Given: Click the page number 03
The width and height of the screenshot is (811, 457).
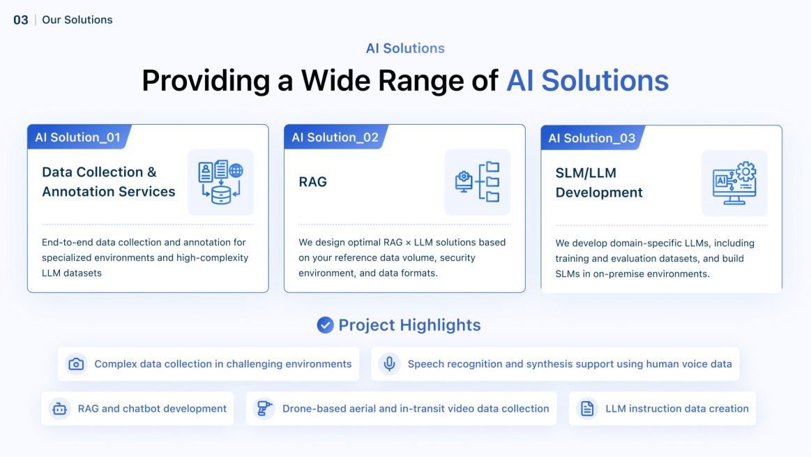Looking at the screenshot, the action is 21,20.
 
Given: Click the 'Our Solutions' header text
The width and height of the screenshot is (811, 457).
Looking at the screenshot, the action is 77,20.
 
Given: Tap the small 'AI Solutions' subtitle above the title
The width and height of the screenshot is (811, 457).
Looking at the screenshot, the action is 405,48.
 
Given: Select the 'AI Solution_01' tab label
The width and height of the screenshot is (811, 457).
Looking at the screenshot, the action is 77,137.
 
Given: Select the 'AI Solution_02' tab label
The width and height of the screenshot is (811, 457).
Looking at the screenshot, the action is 335,137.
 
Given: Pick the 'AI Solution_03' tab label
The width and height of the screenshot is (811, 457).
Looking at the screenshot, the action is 591,137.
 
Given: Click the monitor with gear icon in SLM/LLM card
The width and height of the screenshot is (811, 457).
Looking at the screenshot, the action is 734,183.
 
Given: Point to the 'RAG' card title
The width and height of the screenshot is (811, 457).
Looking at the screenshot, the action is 312,182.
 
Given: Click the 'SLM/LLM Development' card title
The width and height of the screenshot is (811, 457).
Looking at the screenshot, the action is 599,183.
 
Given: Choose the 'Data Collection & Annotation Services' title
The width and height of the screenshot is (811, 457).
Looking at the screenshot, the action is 109,181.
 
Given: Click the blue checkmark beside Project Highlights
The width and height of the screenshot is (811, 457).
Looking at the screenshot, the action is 325,325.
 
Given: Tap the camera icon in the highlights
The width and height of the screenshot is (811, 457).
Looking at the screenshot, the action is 76,364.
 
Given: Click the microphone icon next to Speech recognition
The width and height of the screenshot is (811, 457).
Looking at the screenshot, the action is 389,364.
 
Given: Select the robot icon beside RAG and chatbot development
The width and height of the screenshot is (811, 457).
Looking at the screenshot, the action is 59,409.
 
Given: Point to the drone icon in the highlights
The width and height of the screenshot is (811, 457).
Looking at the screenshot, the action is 264,409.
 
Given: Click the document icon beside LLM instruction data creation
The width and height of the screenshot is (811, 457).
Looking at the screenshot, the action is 587,409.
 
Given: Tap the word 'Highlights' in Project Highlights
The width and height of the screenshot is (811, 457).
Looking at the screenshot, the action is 439,325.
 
